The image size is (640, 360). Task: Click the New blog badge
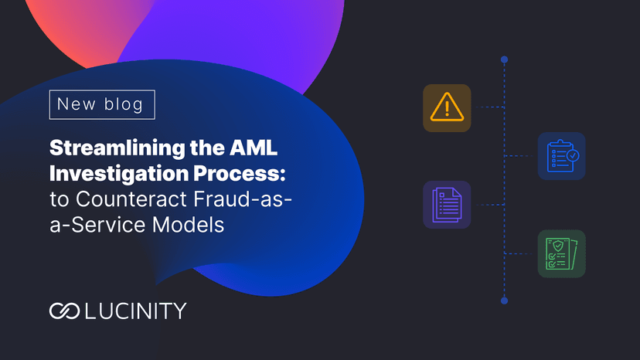(x=102, y=104)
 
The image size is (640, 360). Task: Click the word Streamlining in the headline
(x=117, y=148)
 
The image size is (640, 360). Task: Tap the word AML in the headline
(x=254, y=148)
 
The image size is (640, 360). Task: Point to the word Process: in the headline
(x=240, y=173)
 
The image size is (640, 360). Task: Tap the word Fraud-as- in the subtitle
(x=243, y=199)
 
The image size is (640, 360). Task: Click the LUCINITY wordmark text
(x=136, y=311)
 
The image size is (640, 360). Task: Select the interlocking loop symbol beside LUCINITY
(x=64, y=311)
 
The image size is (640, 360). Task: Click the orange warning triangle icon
(x=447, y=107)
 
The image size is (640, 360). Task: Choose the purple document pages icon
(x=447, y=205)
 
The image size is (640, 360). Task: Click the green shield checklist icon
(x=562, y=253)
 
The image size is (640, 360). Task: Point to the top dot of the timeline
(x=505, y=59)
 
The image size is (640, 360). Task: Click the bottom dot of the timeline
(x=505, y=301)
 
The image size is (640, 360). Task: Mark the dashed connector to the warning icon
(x=491, y=107)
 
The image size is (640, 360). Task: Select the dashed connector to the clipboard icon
(x=519, y=156)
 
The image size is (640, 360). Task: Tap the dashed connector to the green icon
(x=519, y=253)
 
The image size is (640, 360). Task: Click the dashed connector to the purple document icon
(x=491, y=205)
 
